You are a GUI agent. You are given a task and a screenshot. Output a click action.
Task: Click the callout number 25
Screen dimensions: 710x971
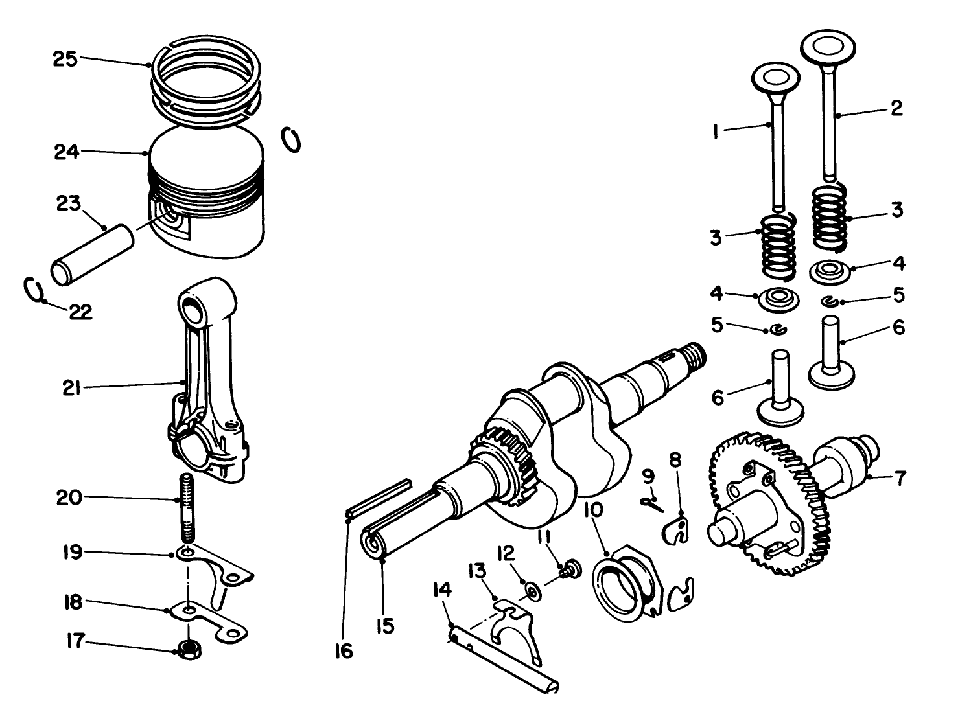pyautogui.click(x=65, y=59)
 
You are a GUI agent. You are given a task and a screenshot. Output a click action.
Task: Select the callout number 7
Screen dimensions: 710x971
pyautogui.click(x=899, y=479)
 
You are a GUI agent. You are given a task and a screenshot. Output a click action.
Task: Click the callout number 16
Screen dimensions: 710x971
pyautogui.click(x=344, y=651)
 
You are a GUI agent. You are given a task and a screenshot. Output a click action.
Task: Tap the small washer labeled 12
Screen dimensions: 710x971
pyautogui.click(x=533, y=591)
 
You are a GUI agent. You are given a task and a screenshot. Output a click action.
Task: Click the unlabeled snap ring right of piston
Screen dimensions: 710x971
pyautogui.click(x=292, y=139)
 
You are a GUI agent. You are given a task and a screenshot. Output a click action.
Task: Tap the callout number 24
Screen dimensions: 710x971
pyautogui.click(x=66, y=152)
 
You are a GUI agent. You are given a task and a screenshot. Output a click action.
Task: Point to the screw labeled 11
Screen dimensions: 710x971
pyautogui.click(x=570, y=568)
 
